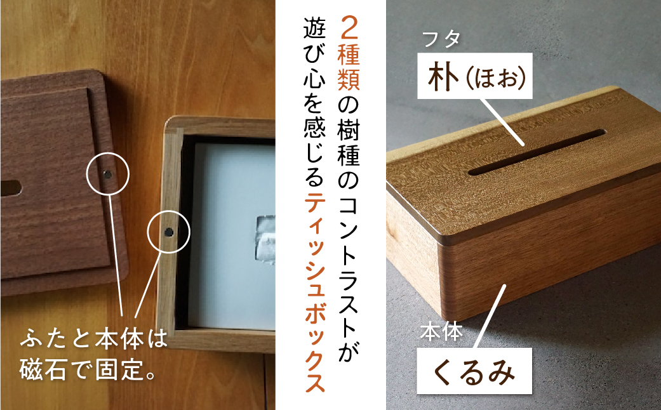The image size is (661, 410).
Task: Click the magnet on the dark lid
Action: tap(107, 173)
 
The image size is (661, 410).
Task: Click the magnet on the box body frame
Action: tap(168, 232)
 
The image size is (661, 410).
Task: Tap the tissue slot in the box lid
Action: tap(537, 153)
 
